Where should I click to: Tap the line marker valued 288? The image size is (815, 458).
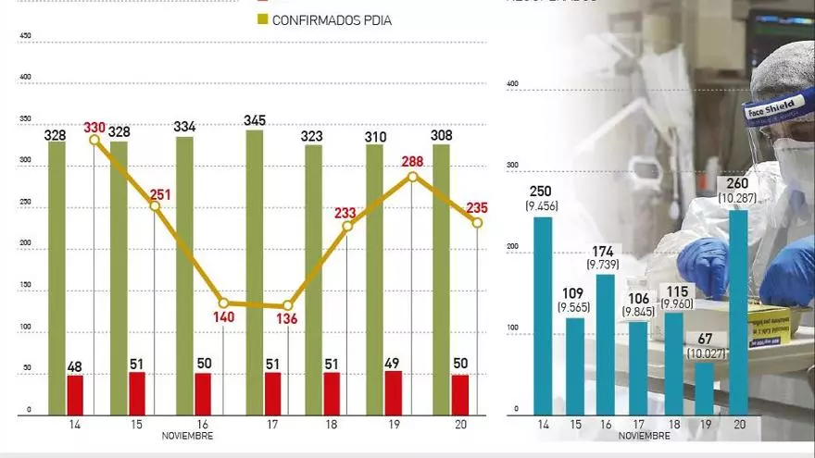(413, 176)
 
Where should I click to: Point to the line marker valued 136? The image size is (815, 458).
(288, 305)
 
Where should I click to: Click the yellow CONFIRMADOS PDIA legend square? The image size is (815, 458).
(262, 19)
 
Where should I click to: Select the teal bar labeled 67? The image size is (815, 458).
(705, 388)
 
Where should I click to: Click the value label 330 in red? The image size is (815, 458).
(94, 128)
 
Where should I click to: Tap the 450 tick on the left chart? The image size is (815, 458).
(26, 36)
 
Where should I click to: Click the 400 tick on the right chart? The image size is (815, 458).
(512, 85)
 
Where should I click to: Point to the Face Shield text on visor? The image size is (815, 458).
(771, 105)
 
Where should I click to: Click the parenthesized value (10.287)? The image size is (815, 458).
(739, 198)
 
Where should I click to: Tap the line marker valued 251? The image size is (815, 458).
(156, 205)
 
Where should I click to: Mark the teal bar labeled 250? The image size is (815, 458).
(543, 316)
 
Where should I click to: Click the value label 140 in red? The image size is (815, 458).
(224, 317)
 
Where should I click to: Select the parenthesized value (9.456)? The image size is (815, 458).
(541, 206)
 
